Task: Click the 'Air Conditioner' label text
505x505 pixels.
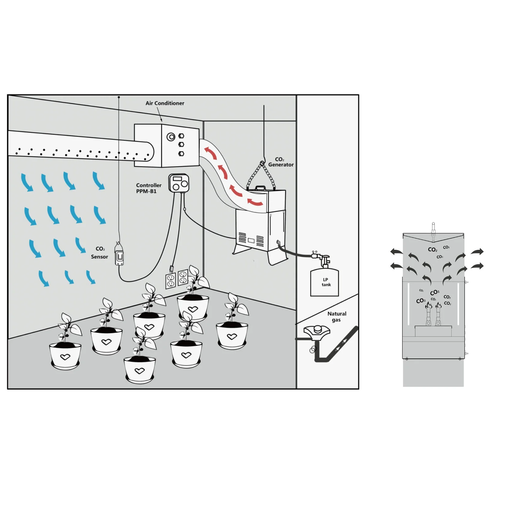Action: tap(165, 103)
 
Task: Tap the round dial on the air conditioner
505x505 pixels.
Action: tap(171, 137)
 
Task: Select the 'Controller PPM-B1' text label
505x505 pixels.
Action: tap(148, 188)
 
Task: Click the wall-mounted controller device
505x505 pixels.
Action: tap(179, 183)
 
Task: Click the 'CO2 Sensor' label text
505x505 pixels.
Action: tap(100, 253)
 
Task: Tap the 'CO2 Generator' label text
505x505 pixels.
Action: tap(281, 162)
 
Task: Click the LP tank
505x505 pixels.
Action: tap(324, 282)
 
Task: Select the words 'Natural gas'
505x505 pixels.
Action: tap(336, 317)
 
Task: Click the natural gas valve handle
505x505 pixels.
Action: tap(317, 331)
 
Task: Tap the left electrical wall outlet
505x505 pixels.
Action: tap(170, 281)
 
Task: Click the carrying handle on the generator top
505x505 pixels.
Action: tap(260, 188)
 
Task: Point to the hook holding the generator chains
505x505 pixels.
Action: tap(262, 163)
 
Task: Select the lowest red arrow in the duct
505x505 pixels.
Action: tap(255, 202)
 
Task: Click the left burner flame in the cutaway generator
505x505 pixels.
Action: tap(428, 305)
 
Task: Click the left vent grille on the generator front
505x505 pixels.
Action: tap(242, 238)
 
